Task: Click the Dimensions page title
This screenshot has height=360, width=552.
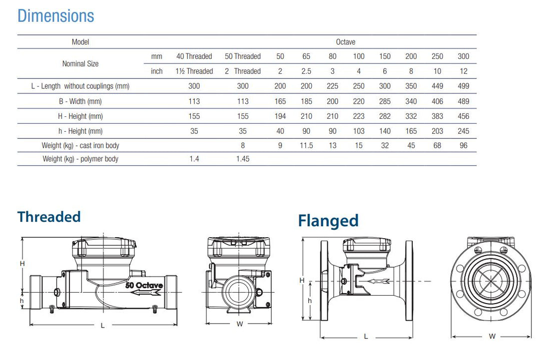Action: click(55, 16)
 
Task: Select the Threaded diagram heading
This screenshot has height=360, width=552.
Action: click(49, 217)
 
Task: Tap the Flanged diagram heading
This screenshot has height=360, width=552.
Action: click(328, 221)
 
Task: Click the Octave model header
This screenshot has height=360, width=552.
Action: click(345, 42)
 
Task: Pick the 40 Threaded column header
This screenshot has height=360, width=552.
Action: click(194, 56)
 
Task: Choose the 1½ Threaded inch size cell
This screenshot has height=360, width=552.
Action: click(194, 71)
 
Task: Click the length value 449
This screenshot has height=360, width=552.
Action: click(437, 86)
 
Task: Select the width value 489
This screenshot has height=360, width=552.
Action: click(463, 101)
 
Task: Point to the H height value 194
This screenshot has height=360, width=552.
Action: click(280, 116)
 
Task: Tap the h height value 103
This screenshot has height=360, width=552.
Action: click(358, 131)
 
